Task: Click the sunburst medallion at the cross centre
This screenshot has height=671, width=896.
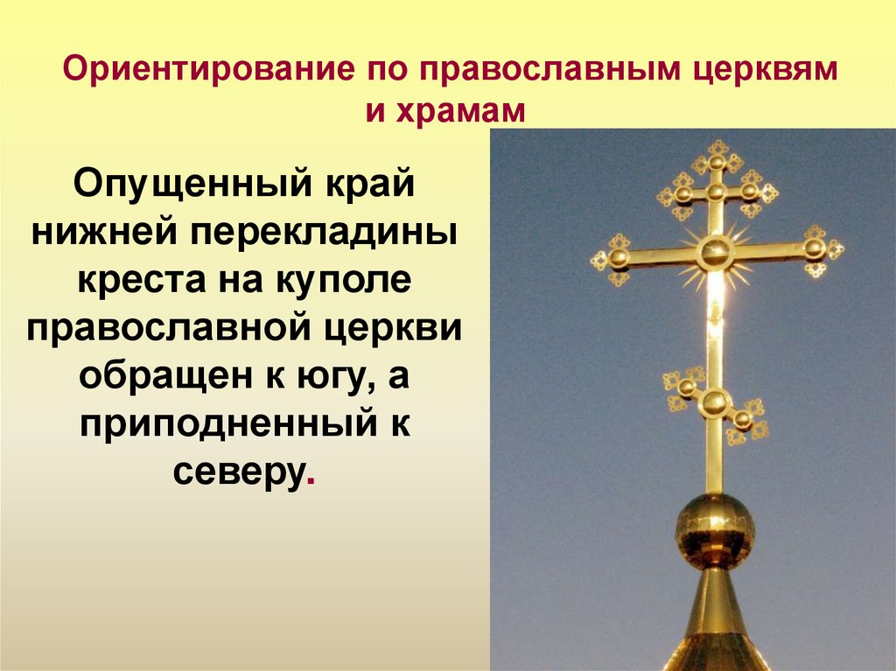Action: point(715,251)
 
